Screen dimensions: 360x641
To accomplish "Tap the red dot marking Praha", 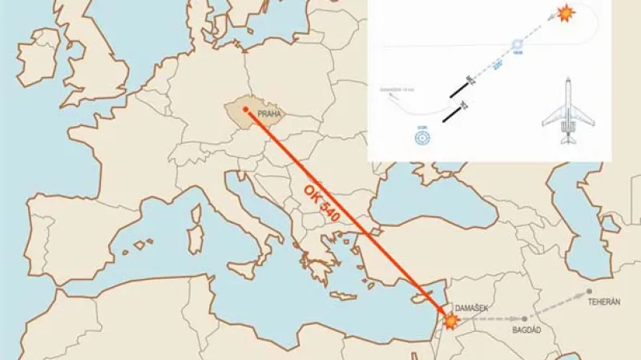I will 245,109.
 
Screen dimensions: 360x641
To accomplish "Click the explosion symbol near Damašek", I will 451,321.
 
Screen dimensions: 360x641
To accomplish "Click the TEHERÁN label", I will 605,302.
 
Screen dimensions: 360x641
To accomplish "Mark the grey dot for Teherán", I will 589,292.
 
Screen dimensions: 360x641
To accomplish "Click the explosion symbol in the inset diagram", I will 566,14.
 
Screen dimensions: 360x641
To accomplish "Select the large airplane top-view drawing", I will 568,111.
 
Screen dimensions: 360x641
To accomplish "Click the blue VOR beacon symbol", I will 422,137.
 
